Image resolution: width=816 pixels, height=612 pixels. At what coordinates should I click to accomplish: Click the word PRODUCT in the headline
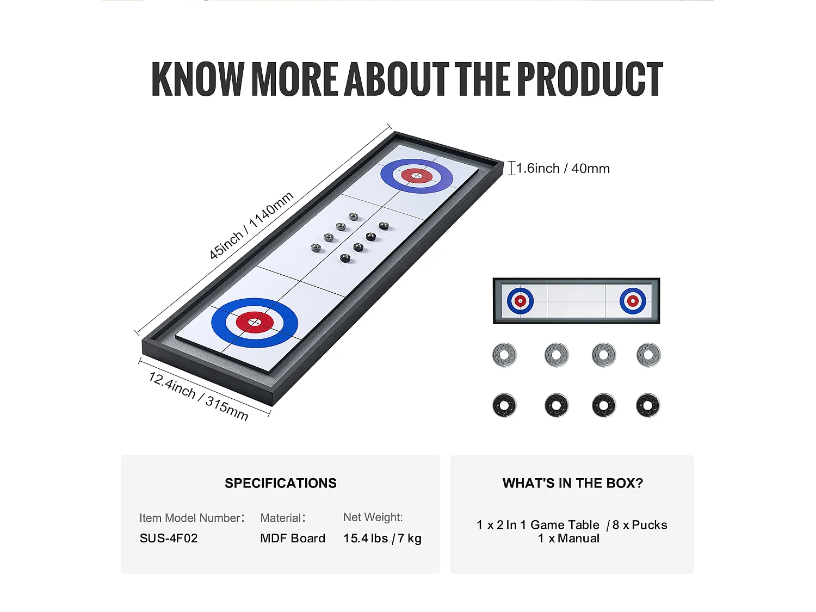[x=590, y=79]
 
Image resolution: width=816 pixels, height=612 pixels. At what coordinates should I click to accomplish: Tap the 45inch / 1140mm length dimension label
[x=251, y=226]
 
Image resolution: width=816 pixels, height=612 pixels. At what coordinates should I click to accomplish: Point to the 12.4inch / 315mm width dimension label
[x=198, y=396]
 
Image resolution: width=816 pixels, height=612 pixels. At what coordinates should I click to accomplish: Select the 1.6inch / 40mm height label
[x=563, y=168]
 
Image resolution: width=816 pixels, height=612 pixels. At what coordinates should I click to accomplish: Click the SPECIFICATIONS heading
[x=281, y=483]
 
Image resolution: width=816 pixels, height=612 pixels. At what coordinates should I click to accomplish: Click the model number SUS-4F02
[x=169, y=538]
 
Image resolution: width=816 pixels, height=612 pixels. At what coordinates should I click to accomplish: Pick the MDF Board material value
[x=293, y=538]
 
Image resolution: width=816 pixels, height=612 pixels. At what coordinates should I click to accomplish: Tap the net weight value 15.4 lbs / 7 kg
[x=382, y=538]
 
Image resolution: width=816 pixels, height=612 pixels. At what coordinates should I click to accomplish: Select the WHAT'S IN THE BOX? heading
[x=572, y=483]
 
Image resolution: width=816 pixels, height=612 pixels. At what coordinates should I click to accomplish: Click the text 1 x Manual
[x=569, y=538]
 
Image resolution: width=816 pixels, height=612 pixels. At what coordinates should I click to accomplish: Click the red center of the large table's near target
[x=255, y=323]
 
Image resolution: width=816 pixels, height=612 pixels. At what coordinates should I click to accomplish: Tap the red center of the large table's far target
[x=417, y=176]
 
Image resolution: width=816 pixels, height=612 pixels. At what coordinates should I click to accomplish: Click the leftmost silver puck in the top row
[x=504, y=355]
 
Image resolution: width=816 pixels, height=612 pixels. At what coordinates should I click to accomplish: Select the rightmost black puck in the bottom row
[x=648, y=405]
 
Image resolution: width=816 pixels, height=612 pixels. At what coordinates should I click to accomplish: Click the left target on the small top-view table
[x=521, y=301]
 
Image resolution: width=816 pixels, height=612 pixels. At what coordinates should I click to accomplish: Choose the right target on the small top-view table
[x=633, y=301]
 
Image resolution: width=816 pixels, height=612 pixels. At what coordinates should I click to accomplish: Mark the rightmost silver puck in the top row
[x=648, y=355]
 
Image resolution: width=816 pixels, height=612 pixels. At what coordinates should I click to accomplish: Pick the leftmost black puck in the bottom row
[x=504, y=405]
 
